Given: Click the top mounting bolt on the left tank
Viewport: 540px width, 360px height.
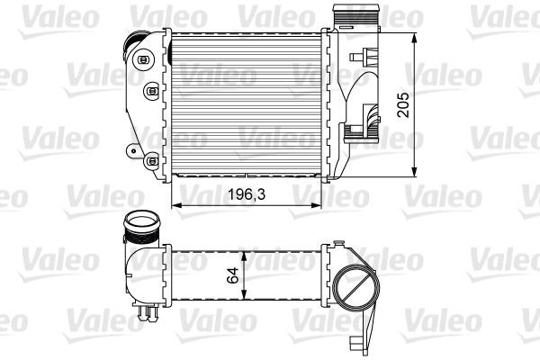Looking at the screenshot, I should [x=142, y=58].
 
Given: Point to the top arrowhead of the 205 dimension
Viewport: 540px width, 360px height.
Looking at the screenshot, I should [x=414, y=39].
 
